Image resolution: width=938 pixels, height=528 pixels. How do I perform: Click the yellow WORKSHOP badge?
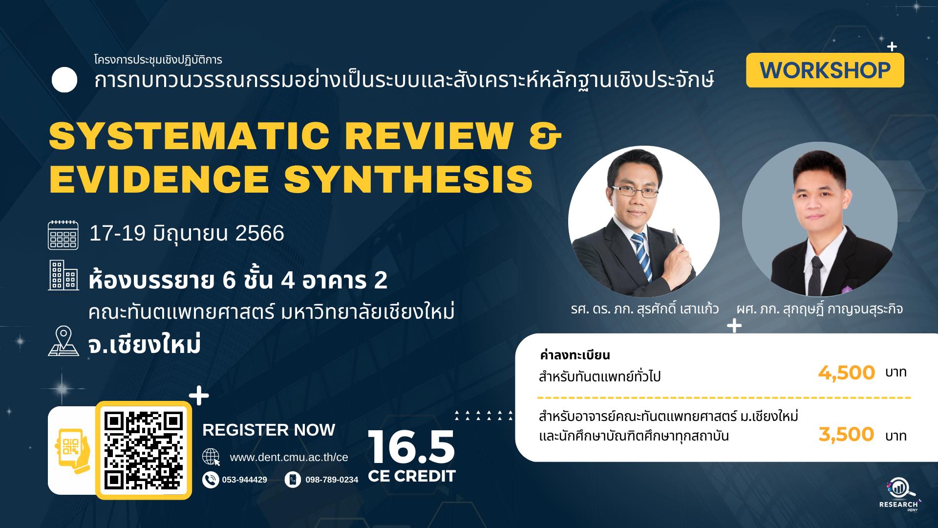825,70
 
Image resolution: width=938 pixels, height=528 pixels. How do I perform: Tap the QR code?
144,450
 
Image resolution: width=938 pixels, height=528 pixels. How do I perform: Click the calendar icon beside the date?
63,235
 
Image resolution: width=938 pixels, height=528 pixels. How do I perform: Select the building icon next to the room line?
63,275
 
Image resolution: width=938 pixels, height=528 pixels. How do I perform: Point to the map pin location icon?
64,341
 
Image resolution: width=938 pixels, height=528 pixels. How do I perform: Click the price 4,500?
846,373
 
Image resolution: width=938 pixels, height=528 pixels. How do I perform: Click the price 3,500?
846,434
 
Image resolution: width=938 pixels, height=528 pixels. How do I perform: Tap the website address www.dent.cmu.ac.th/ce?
289,458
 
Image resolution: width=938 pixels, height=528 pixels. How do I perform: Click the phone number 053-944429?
244,480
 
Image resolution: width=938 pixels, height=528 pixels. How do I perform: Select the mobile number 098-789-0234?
332,480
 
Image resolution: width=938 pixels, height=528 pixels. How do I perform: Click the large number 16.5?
411,447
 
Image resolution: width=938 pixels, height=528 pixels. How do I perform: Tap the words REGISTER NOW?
269,430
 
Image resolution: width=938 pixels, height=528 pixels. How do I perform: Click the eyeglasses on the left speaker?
635,190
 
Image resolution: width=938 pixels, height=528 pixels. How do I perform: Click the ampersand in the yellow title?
546,135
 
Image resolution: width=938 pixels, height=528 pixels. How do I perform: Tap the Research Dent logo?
899,494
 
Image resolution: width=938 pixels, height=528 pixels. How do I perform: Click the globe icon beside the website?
211,457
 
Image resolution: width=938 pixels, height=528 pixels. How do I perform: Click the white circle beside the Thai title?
64,80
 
